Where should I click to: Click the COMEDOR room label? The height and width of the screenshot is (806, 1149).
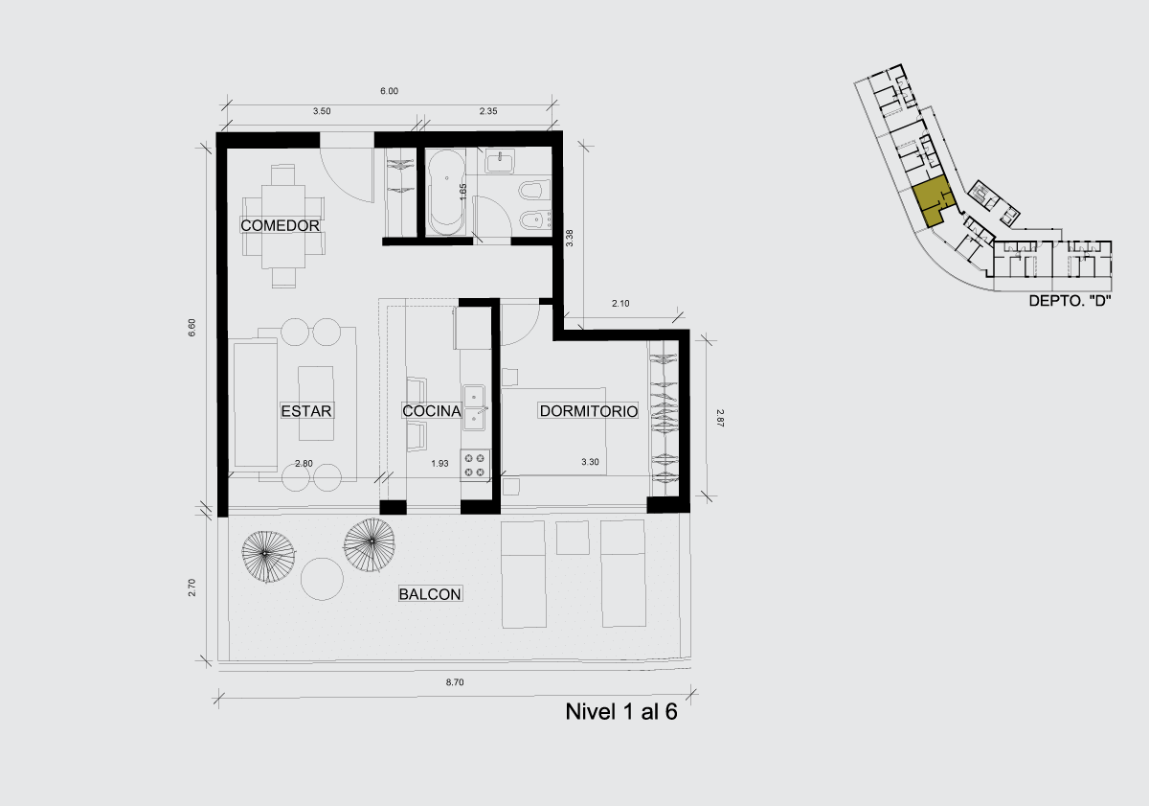(280, 225)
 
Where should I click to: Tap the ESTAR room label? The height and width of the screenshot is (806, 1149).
(306, 411)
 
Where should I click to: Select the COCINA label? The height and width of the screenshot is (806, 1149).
(432, 411)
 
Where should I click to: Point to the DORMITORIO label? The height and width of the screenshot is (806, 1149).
(589, 411)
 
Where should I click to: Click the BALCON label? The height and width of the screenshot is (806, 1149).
(430, 594)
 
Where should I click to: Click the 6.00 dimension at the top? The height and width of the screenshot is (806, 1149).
(390, 91)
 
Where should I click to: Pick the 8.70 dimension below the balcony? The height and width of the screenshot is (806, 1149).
(455, 682)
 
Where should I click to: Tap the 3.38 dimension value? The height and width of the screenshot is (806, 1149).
(570, 238)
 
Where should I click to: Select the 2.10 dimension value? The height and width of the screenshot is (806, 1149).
(620, 304)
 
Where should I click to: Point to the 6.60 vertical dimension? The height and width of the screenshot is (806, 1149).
(191, 328)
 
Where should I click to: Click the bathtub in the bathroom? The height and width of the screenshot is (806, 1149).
(447, 192)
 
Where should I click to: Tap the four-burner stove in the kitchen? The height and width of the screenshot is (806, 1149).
(475, 465)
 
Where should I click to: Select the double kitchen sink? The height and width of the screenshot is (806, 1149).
(475, 407)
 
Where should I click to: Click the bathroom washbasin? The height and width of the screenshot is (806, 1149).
(500, 162)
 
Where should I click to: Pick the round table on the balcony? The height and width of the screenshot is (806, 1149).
(322, 579)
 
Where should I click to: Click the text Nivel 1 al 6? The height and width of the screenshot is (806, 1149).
(621, 712)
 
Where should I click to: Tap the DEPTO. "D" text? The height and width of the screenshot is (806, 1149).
(1070, 301)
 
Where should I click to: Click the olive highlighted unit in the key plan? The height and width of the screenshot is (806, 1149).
(930, 203)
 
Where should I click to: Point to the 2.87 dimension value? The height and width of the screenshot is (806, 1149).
(720, 418)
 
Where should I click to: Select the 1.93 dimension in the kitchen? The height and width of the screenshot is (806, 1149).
(439, 464)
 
